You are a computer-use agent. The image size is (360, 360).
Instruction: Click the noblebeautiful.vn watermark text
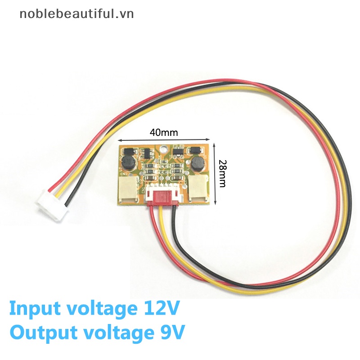(x=76, y=14)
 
